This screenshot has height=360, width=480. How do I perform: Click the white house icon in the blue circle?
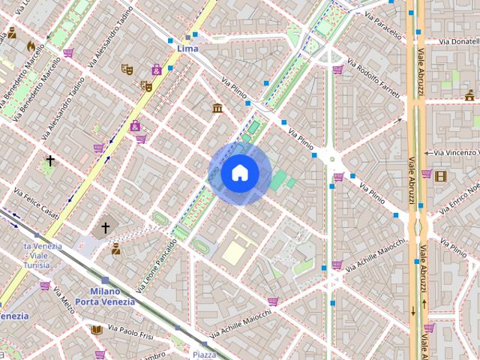coord(240,173)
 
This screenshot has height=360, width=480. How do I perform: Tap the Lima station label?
coord(187,48)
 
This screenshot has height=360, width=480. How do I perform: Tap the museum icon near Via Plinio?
coord(217,109)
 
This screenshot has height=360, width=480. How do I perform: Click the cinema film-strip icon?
coord(440,176)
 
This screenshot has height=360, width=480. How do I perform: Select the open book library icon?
coord(96,329)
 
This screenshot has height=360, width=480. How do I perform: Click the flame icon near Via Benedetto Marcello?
coord(30,46)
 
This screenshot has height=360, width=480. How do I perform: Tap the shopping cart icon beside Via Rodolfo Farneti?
coord(338,70)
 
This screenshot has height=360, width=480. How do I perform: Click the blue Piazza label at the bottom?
coord(205,354)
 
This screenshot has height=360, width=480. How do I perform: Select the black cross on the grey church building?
coord(106,226)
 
